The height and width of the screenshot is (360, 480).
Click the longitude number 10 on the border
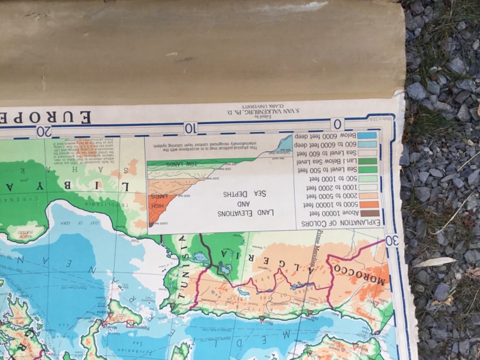tap(190, 128)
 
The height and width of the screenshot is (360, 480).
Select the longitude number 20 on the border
tap(44, 131)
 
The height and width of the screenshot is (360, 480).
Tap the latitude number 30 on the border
tap(392, 240)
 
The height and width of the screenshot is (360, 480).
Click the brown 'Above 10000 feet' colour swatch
tap(370, 213)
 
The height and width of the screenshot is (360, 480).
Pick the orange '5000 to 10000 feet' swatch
tap(370, 204)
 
